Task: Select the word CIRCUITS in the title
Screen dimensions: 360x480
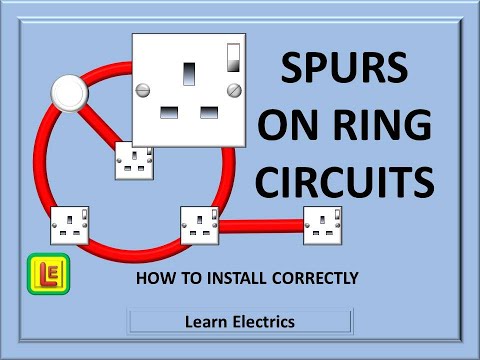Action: (355, 184)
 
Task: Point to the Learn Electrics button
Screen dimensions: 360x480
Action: (240, 321)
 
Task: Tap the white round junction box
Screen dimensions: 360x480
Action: (71, 95)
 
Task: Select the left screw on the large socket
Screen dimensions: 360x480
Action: (144, 91)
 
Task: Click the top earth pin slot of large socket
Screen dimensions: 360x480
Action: (189, 72)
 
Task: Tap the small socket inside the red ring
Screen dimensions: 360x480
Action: (133, 160)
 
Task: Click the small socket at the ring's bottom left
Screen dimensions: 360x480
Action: (70, 225)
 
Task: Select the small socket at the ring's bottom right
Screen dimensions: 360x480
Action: (200, 225)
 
